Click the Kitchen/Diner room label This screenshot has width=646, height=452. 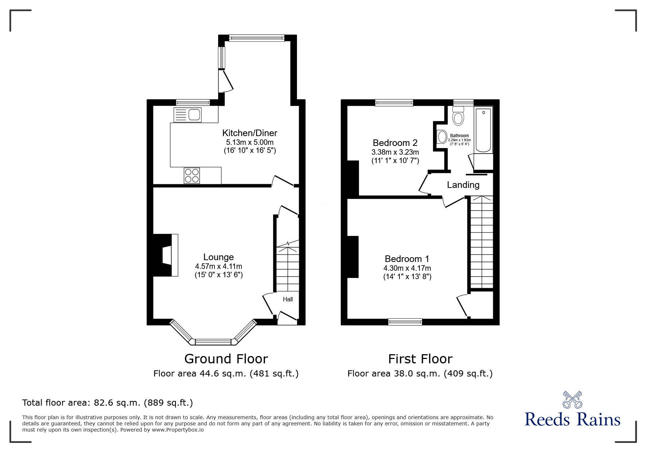coord(250,133)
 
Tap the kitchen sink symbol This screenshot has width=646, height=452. coord(188,115)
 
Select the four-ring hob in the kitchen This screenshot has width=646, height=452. coord(192,175)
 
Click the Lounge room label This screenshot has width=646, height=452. coord(218,257)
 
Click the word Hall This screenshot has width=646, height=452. coord(288,300)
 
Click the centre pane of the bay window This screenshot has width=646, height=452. coord(213,342)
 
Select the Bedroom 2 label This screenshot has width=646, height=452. coord(395,143)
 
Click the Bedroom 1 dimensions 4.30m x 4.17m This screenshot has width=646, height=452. coord(407,268)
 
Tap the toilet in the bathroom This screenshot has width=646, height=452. coord(458,116)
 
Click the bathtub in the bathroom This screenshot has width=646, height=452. coord(484,131)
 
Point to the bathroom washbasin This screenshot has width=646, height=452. coord(442,137)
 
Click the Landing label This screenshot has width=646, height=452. coord(463,185)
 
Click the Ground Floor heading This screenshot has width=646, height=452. coord(226,359)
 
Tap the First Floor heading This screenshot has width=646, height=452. coord(420,359)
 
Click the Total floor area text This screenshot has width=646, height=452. coord(108,403)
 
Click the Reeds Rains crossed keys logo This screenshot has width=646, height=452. coord(572,400)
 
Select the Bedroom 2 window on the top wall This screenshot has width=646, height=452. coord(394,103)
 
